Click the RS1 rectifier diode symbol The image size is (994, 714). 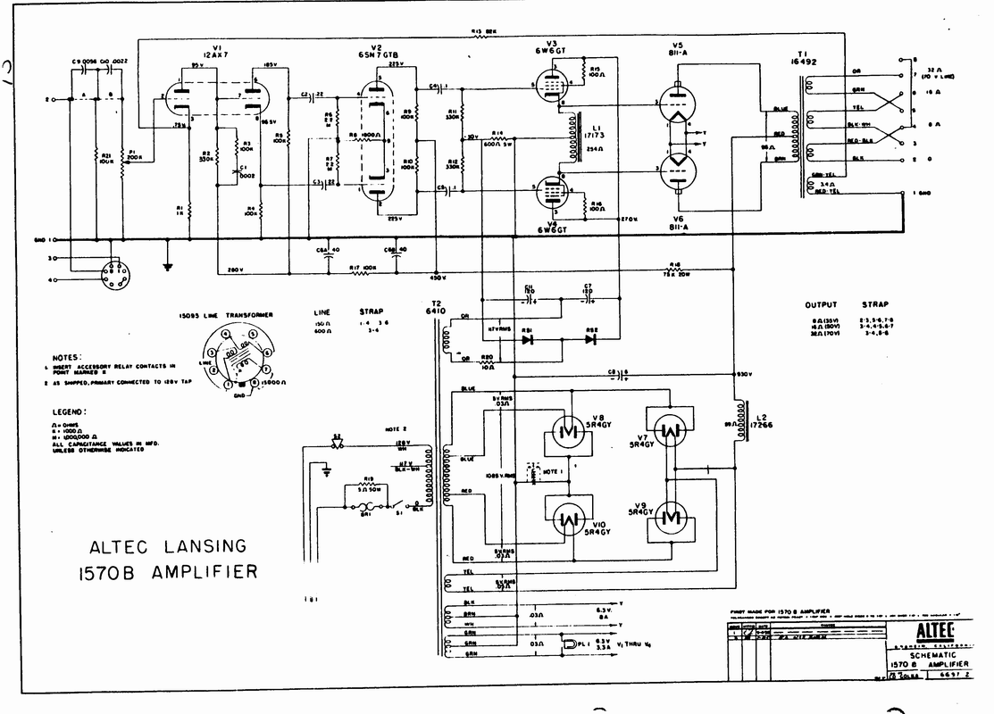pyautogui.click(x=528, y=339)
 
